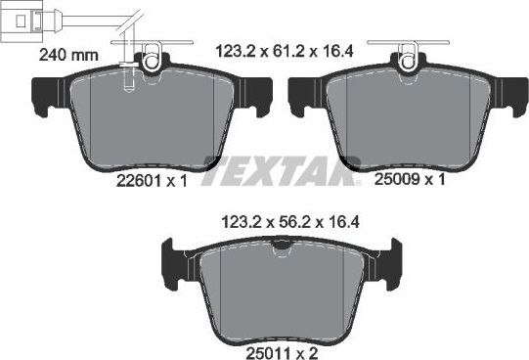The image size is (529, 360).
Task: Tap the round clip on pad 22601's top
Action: coord(151,61)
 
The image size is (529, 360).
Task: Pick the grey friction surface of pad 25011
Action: coord(282,289)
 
